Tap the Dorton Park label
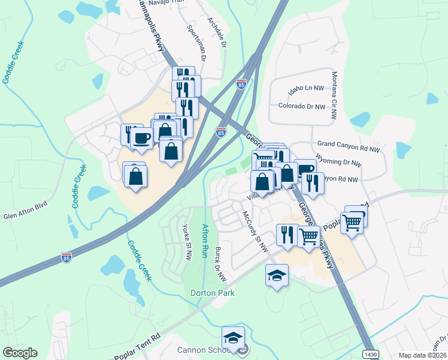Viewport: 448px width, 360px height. (212, 293)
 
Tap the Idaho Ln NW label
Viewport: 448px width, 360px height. (306, 89)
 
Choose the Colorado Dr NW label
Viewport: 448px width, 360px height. (302, 106)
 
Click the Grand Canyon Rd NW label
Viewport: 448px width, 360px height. (349, 145)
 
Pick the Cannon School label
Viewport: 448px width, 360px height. (200, 350)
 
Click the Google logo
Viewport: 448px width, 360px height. (20, 353)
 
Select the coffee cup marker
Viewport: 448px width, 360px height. (142, 137)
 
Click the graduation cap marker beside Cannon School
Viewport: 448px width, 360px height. (234, 338)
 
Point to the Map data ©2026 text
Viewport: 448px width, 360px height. (423, 355)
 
